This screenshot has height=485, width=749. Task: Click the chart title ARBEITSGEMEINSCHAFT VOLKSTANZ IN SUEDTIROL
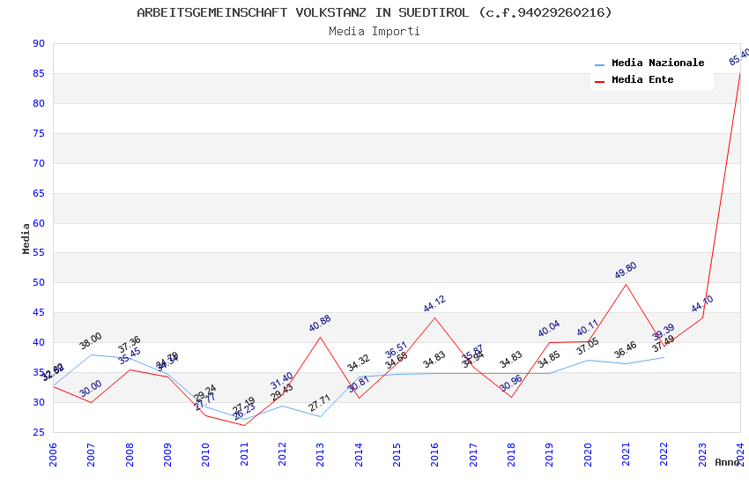[374, 12]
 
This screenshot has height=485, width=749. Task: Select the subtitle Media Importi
[374, 31]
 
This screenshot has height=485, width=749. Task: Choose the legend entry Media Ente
[642, 79]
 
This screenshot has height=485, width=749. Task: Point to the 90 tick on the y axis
[38, 43]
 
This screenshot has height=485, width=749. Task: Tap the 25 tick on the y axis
[38, 432]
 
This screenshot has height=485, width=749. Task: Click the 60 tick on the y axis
[38, 223]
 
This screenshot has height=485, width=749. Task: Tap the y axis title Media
[26, 238]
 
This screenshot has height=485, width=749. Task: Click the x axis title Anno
[727, 462]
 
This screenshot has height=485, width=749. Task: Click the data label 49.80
[626, 271]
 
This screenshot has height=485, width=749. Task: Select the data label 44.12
[434, 304]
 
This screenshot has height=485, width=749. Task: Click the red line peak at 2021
[626, 284]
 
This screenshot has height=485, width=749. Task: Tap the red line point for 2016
[434, 317]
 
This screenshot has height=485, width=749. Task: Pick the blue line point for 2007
[92, 354]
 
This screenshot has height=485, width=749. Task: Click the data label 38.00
[91, 341]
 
